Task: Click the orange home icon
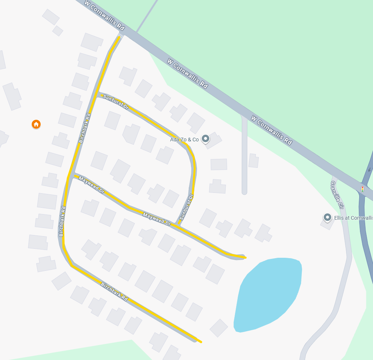(x=36, y=124)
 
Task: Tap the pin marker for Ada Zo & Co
(x=205, y=139)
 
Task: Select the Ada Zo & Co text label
(x=184, y=140)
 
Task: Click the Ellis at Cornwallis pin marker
(x=327, y=217)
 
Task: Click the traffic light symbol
(x=362, y=189)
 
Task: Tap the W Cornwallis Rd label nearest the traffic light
(x=271, y=130)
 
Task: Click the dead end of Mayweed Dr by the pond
(x=245, y=257)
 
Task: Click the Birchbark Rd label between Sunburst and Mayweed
(x=85, y=129)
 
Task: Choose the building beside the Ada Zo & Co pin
(x=214, y=140)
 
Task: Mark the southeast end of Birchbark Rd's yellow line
(x=201, y=341)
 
